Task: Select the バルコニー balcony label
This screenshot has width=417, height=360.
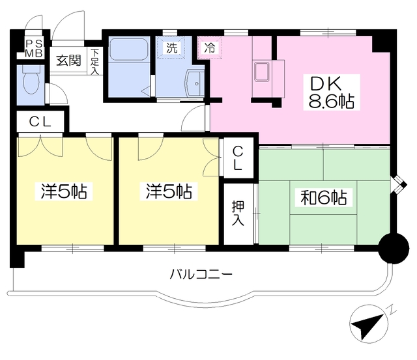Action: [x=201, y=273]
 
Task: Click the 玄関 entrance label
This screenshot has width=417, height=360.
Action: [x=68, y=61]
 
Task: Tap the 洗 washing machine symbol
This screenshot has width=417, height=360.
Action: [x=171, y=48]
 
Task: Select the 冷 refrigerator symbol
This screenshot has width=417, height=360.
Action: [x=210, y=48]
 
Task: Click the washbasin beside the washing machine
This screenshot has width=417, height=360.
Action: [x=195, y=83]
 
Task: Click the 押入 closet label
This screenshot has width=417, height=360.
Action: [x=238, y=214]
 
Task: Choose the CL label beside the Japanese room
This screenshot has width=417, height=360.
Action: [x=238, y=158]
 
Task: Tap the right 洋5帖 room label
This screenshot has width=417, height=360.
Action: [x=168, y=191]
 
